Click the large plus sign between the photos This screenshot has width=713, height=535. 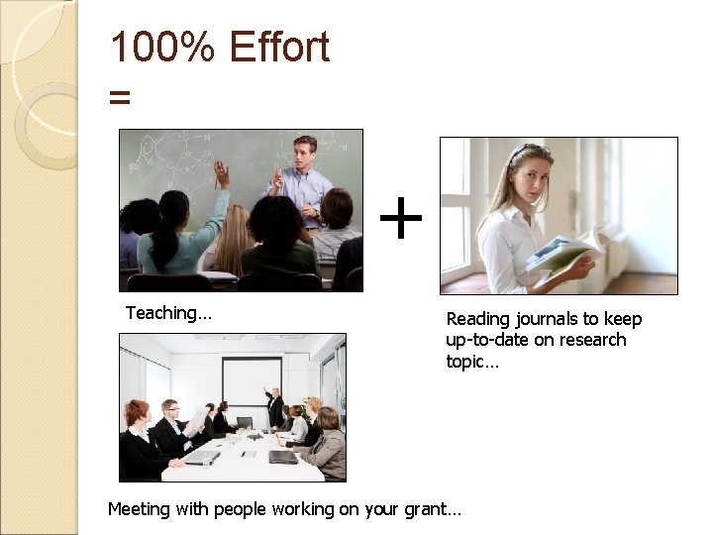coord(401,219)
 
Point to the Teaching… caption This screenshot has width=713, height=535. coord(168,313)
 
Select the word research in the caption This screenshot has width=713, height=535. coord(589,340)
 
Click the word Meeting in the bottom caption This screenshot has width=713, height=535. coord(140,509)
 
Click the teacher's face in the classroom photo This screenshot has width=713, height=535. coord(305,153)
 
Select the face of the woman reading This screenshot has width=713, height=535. coord(528,174)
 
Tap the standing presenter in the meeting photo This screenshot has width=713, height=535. coord(274,405)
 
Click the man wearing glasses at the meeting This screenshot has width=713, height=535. coord(170,420)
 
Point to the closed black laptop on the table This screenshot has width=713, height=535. coord(283,457)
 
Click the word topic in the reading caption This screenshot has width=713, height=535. coord(468,361)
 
